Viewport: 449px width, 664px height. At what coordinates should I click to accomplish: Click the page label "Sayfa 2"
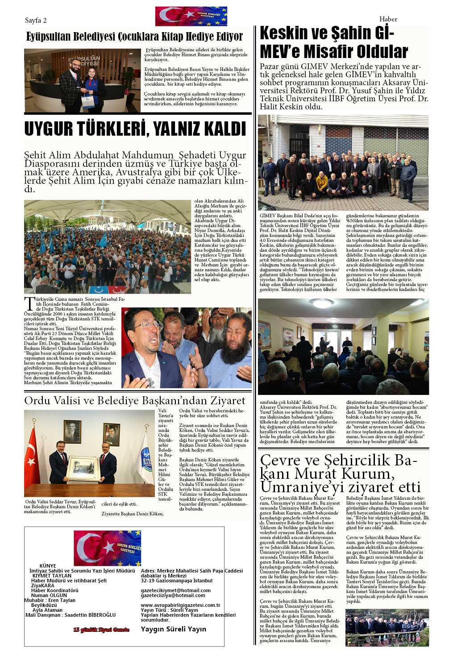(x=36, y=21)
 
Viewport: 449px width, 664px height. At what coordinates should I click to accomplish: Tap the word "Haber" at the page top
(x=388, y=19)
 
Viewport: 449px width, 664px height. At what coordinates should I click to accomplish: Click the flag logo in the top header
(x=191, y=17)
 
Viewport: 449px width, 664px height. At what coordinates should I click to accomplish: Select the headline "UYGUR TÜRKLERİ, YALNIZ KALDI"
(x=135, y=129)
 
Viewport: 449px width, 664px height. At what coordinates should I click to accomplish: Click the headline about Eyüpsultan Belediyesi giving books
(x=134, y=37)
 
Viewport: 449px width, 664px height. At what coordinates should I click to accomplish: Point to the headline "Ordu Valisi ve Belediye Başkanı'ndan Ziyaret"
(x=134, y=400)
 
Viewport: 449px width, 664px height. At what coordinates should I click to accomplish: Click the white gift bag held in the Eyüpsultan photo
(x=88, y=100)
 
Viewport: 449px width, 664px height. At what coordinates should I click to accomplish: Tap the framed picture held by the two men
(x=83, y=468)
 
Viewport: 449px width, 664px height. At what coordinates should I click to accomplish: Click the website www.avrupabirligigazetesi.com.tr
(x=180, y=605)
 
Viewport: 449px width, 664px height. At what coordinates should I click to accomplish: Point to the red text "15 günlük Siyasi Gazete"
(x=101, y=630)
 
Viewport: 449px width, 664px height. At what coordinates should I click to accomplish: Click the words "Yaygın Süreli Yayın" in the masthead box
(x=174, y=629)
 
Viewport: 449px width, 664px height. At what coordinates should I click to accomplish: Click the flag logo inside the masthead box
(x=107, y=548)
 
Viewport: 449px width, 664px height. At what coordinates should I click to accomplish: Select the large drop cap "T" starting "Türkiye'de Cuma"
(x=29, y=303)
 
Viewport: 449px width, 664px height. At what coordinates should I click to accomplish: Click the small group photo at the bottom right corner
(x=387, y=627)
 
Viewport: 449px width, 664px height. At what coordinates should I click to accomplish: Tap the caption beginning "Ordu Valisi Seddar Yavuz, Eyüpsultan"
(x=60, y=506)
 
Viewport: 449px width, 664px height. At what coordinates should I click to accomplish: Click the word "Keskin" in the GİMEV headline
(x=284, y=33)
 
